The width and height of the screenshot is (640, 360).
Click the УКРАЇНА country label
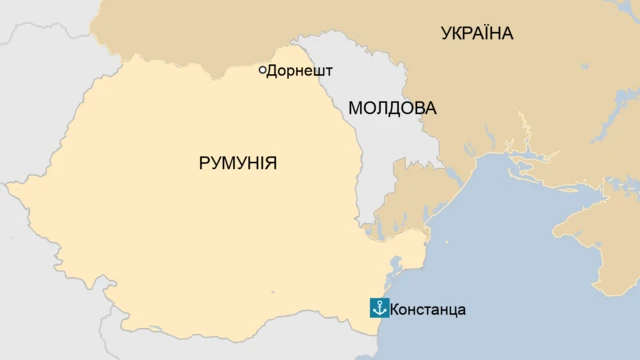(477, 34)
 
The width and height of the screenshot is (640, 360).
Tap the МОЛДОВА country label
(392, 108)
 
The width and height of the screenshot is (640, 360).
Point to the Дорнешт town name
(299, 71)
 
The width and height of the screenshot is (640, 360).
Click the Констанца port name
(428, 309)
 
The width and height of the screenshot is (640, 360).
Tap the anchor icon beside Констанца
(379, 308)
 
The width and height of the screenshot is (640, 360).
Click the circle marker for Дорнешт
(262, 70)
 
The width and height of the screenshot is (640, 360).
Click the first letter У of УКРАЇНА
(447, 34)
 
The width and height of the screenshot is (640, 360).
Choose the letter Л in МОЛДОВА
(380, 108)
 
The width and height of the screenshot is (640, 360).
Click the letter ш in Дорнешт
(318, 71)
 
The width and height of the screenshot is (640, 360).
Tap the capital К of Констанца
(396, 309)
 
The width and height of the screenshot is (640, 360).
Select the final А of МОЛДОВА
(430, 108)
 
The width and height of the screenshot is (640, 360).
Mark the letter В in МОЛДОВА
(417, 108)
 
